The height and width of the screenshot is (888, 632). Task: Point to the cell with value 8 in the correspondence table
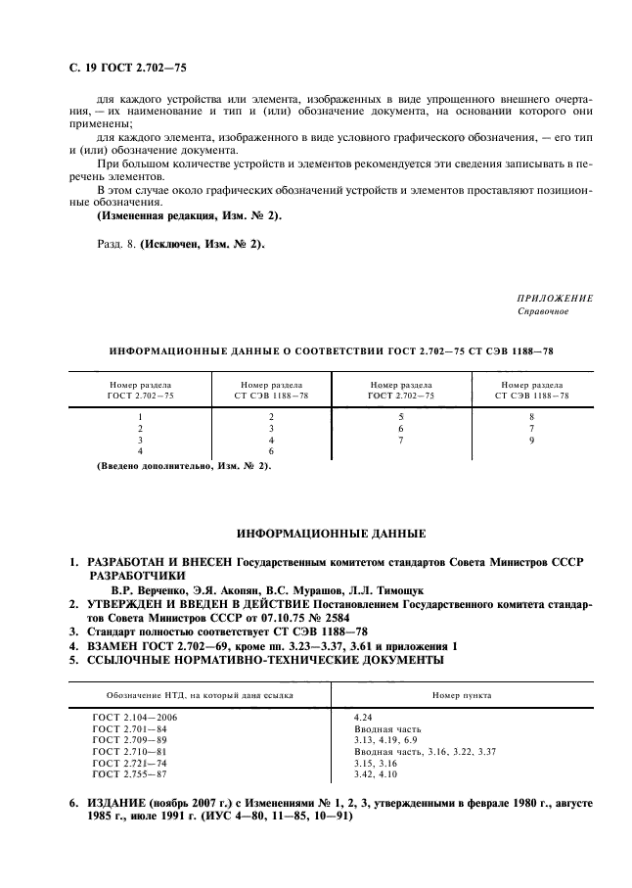pos(532,416)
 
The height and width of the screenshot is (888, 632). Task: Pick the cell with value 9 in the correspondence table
pos(532,440)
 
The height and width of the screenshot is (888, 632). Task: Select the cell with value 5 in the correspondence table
pos(400,416)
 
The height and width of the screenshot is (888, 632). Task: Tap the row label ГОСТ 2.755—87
pos(128,773)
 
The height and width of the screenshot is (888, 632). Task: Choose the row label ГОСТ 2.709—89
pos(128,740)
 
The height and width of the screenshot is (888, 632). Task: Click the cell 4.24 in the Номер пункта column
pos(363,718)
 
